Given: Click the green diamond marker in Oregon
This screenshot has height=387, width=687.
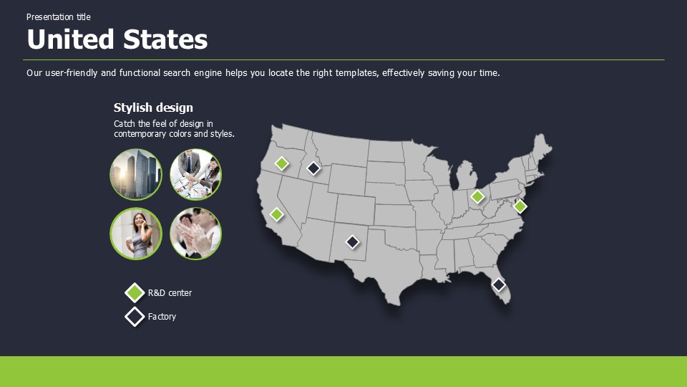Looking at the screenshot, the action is coord(282,163).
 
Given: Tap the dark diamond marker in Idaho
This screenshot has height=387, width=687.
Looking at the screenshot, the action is coord(313,168).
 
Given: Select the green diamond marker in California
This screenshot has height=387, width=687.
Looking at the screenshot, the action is coord(276,214).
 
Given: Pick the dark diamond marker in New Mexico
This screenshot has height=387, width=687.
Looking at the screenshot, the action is coord(352,242).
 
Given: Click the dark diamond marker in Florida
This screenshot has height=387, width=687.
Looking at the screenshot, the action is coord(498,285).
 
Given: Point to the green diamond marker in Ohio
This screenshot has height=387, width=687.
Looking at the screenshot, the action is coord(477,196).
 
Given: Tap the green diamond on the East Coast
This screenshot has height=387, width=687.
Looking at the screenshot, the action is coord(520,206).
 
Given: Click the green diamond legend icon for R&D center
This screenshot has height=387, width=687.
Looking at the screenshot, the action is coord(135,292).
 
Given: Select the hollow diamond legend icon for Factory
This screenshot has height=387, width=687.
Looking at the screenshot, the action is coord(135,317).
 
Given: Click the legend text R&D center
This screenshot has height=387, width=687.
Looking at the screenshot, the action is coord(170,292).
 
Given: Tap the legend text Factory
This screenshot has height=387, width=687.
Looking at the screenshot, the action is coord(162,316).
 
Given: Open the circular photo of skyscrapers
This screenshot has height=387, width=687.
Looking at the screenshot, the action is coord(136,174).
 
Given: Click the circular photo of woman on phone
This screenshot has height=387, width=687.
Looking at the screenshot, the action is coord(136,234).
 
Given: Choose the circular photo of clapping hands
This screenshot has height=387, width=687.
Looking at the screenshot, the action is coord(195,234).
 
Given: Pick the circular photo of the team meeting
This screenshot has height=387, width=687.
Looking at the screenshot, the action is coord(195,174).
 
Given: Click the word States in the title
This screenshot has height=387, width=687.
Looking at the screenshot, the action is coord(165,39).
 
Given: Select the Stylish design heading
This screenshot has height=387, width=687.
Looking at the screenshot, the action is coord(153,107).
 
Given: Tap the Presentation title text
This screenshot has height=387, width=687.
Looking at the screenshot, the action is coord(58,16).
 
